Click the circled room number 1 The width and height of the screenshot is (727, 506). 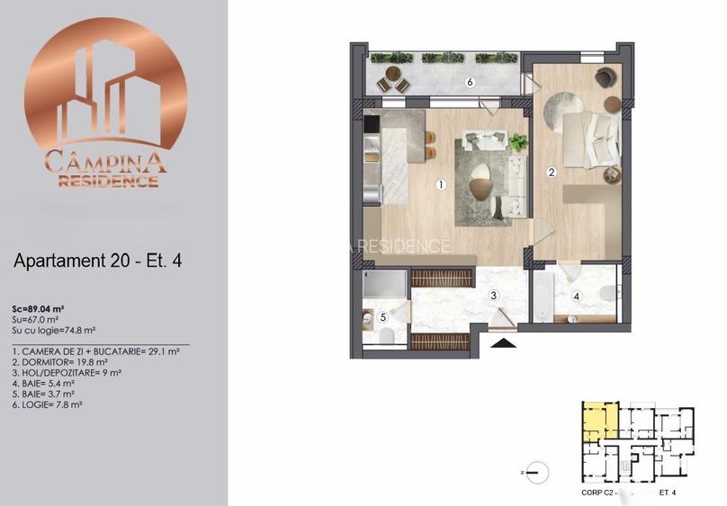(x=441, y=186)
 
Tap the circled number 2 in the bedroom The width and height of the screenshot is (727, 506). (x=552, y=172)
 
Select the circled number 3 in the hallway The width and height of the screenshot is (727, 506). (x=493, y=295)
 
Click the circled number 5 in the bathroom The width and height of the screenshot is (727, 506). (x=382, y=316)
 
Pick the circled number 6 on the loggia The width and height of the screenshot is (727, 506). (x=470, y=83)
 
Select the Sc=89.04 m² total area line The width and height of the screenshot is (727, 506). (x=49, y=306)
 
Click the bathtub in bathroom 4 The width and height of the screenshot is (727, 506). (x=543, y=297)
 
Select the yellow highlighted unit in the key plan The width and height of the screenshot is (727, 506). (x=596, y=420)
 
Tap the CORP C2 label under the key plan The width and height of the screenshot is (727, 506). (x=599, y=493)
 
